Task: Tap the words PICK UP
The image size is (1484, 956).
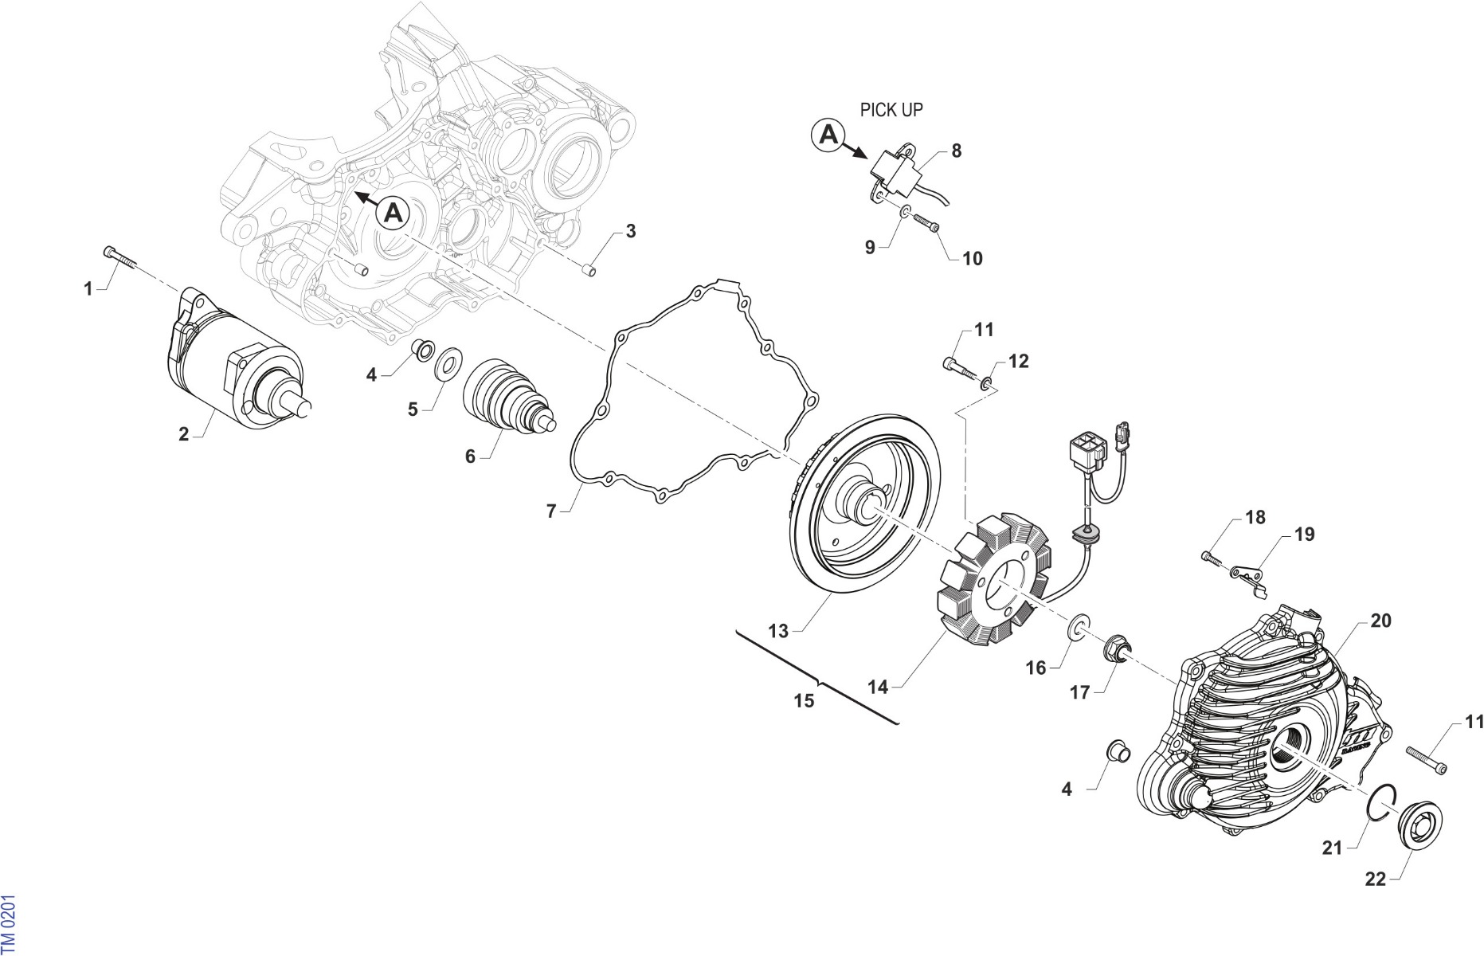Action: [891, 110]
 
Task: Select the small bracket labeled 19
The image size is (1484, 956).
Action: [1247, 577]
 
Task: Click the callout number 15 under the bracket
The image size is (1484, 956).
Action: [805, 700]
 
